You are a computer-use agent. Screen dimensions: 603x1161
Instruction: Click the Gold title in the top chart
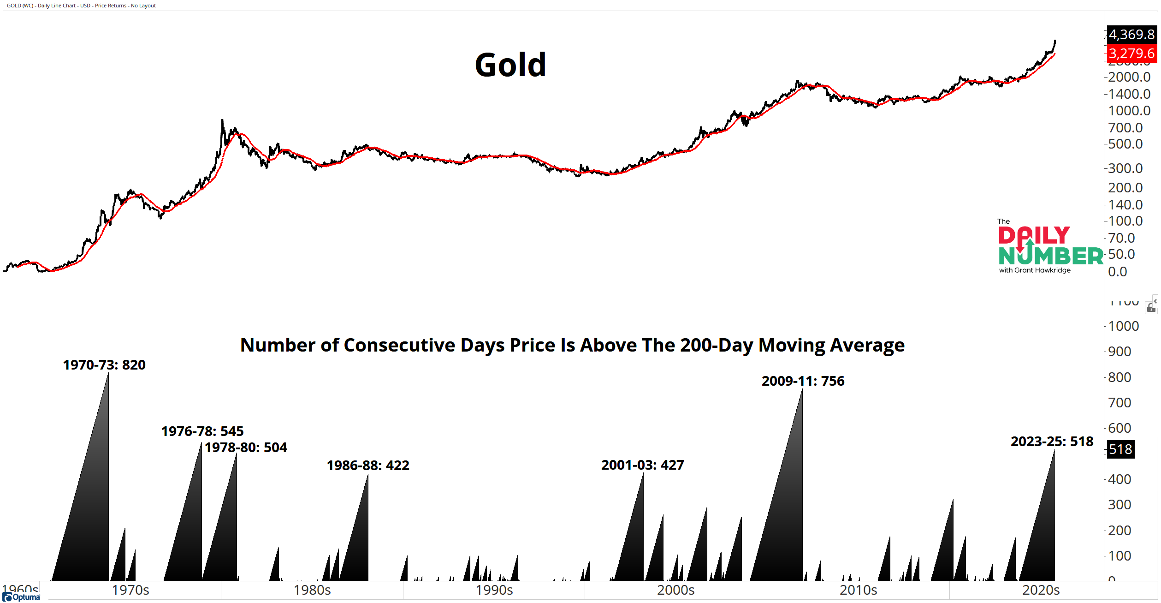[x=510, y=65]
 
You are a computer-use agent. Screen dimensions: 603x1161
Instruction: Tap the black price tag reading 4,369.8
[x=1131, y=35]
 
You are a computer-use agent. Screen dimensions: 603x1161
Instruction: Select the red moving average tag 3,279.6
[x=1131, y=54]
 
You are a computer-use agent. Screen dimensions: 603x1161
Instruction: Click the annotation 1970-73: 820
[x=104, y=365]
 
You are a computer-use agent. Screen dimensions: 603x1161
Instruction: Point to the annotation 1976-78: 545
[x=202, y=431]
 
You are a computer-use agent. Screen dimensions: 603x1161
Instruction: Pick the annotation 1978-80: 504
[x=246, y=448]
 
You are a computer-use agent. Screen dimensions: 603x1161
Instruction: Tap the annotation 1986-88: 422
[x=368, y=466]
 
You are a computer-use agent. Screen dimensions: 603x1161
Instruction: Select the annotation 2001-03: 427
[x=642, y=465]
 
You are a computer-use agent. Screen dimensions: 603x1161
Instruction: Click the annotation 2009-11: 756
[x=803, y=381]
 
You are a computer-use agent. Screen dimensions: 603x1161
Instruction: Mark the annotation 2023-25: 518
[x=1052, y=442]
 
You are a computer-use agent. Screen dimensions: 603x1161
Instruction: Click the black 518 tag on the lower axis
[x=1120, y=449]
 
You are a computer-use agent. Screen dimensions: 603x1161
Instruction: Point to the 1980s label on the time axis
[x=312, y=590]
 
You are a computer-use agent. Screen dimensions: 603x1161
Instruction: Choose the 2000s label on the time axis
[x=675, y=590]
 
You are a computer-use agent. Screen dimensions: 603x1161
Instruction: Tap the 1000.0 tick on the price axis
[x=1129, y=111]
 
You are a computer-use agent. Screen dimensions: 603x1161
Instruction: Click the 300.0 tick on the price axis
[x=1125, y=168]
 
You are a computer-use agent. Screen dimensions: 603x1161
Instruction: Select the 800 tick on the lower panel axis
[x=1120, y=377]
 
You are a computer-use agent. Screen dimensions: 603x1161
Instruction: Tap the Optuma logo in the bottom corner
[x=22, y=597]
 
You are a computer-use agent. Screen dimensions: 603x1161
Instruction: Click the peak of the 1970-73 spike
[x=108, y=374]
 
